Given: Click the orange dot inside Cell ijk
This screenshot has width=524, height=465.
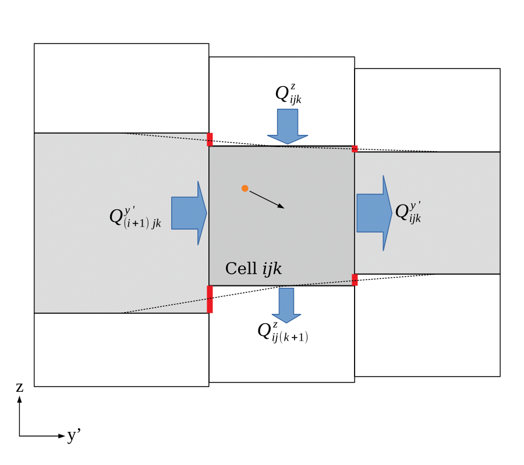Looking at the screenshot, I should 245,188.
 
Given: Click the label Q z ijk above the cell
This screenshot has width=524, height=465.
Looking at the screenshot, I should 289,94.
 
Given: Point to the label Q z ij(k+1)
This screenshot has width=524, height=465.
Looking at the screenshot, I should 283,332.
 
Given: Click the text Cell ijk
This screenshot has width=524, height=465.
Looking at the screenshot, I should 253,269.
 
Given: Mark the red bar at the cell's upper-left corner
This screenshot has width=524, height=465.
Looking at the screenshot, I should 210,139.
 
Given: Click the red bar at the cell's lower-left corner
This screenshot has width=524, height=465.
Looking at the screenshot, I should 210,299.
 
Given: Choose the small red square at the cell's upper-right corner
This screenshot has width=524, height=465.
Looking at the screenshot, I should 355,149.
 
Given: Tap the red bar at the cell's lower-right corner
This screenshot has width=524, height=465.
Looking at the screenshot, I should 355,280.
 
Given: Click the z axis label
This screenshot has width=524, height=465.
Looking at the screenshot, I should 20,387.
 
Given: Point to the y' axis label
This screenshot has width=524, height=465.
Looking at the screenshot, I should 74,435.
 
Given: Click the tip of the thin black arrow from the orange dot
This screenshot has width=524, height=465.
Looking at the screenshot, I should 284,207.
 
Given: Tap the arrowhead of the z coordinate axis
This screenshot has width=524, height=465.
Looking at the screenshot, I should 20,399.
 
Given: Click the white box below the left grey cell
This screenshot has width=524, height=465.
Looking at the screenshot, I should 121,349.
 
